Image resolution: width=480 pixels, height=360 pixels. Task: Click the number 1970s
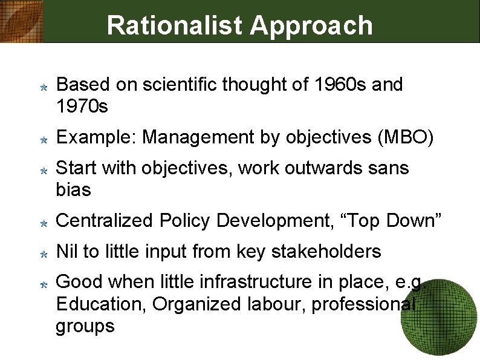point(82,107)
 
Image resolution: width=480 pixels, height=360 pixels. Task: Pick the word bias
point(73,190)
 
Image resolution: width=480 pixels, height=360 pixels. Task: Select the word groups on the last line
point(85,327)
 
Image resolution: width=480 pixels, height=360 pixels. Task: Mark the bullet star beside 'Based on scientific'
point(44,87)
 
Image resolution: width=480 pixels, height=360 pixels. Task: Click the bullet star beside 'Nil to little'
point(44,254)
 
